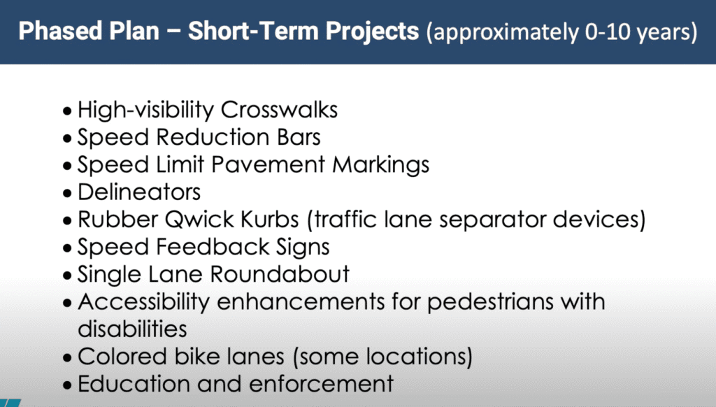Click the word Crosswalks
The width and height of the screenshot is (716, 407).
click(x=279, y=110)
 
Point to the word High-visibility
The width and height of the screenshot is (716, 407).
click(x=145, y=110)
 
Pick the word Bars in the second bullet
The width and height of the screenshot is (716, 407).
click(x=299, y=137)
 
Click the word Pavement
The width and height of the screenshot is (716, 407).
click(x=268, y=164)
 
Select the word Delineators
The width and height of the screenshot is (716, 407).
click(x=139, y=192)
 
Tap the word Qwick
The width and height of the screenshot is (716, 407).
click(x=199, y=220)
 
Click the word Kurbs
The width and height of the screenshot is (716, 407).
click(x=269, y=220)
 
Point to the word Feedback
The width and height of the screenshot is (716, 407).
click(x=213, y=247)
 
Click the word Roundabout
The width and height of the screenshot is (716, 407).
click(x=280, y=274)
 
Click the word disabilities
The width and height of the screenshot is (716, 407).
click(x=132, y=329)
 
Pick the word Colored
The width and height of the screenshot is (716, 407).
click(x=122, y=356)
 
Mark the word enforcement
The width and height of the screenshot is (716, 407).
click(x=321, y=384)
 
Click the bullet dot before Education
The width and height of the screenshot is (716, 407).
click(x=68, y=385)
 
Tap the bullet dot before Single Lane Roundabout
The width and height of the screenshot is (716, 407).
click(x=68, y=276)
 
